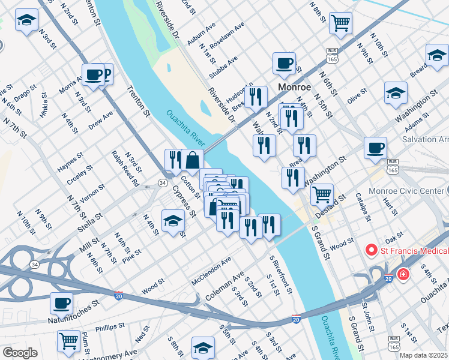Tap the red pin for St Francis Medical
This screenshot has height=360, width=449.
(x=371, y=250)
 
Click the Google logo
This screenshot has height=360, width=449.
(x=20, y=353)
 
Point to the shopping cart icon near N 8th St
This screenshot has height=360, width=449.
(x=340, y=23)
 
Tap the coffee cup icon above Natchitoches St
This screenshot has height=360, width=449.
(x=61, y=303)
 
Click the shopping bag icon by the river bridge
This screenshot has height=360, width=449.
(x=192, y=160)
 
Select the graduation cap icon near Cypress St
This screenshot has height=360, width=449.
(x=173, y=220)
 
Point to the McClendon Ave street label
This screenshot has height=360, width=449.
(x=211, y=271)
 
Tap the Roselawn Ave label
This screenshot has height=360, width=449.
(x=227, y=35)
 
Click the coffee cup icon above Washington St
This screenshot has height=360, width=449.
(x=376, y=148)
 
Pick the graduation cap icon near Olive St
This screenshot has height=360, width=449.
(x=396, y=92)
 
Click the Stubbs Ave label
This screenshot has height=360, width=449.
(x=223, y=67)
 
